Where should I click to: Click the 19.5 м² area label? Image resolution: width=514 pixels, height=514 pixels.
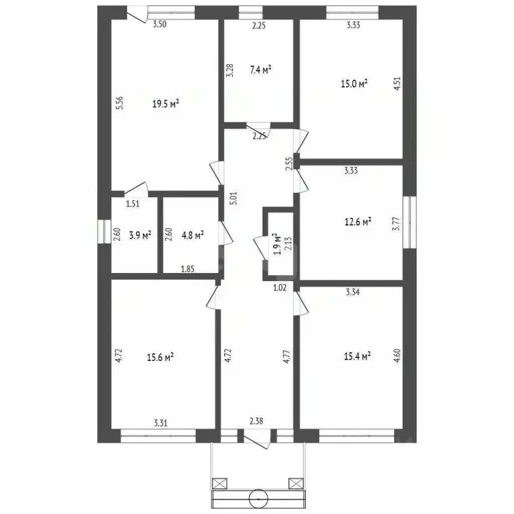click(165, 104)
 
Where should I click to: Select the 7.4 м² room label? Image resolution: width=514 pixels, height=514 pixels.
click(260, 70)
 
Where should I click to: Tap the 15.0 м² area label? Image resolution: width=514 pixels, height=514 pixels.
click(354, 84)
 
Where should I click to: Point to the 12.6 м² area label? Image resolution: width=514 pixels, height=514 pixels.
click(358, 222)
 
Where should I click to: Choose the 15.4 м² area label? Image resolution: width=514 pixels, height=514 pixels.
click(357, 356)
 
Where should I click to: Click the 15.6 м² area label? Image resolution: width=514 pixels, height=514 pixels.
click(161, 357)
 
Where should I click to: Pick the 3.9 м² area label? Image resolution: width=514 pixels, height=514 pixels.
click(140, 235)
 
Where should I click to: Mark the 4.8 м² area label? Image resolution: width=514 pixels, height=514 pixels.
click(193, 235)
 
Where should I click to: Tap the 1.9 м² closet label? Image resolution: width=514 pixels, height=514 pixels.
click(277, 244)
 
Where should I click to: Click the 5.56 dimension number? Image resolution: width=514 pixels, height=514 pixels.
click(120, 102)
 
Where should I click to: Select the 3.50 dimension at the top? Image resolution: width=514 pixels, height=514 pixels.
click(160, 24)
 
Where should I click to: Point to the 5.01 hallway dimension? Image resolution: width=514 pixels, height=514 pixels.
click(234, 198)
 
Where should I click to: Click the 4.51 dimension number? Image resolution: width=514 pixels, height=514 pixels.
click(397, 84)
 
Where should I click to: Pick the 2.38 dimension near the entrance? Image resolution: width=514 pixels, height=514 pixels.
click(256, 420)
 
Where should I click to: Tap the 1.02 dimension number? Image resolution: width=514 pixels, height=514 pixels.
click(280, 288)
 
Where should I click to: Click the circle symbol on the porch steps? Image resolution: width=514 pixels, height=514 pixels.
click(258, 499)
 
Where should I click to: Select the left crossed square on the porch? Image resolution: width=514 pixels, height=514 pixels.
click(220, 483)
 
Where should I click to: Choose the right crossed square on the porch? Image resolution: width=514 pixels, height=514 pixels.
click(296, 483)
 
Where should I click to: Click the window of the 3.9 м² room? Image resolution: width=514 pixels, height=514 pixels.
click(104, 232)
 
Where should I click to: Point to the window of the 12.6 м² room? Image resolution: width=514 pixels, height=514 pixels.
click(410, 222)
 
